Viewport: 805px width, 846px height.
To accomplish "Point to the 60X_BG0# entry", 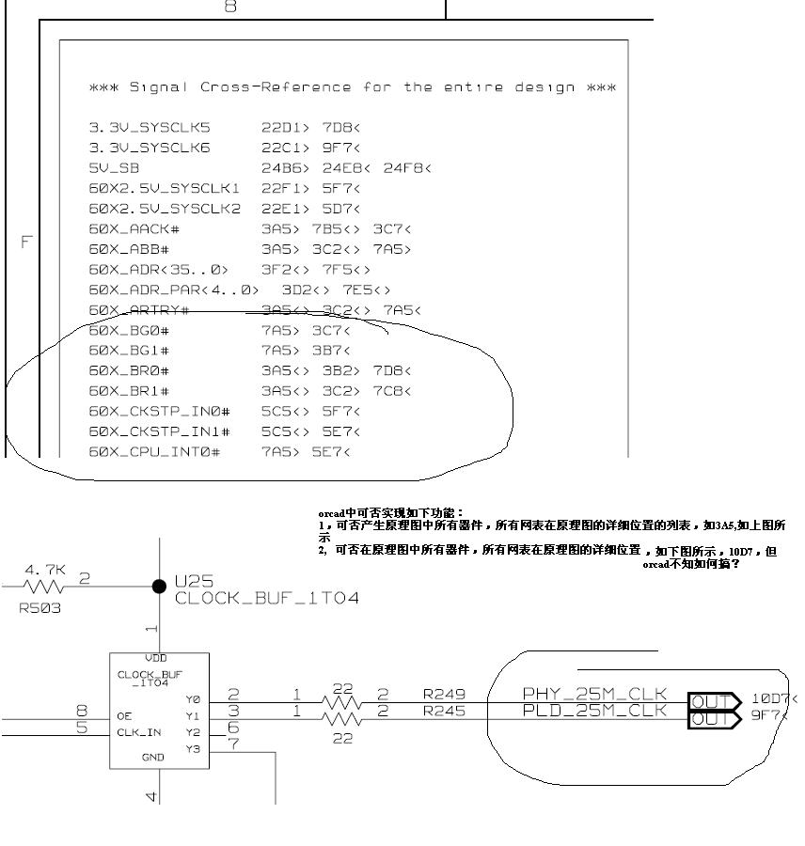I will click(x=129, y=331).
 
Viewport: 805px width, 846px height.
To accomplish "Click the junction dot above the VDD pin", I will click(x=159, y=587).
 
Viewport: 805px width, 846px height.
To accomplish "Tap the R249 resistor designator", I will click(x=443, y=695).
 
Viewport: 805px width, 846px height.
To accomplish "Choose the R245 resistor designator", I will click(x=443, y=711).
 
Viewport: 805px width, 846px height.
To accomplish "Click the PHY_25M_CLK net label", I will click(x=594, y=695).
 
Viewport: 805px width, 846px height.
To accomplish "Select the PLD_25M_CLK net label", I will click(x=594, y=711).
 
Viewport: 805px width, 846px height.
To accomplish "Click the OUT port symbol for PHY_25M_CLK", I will click(x=714, y=700).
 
